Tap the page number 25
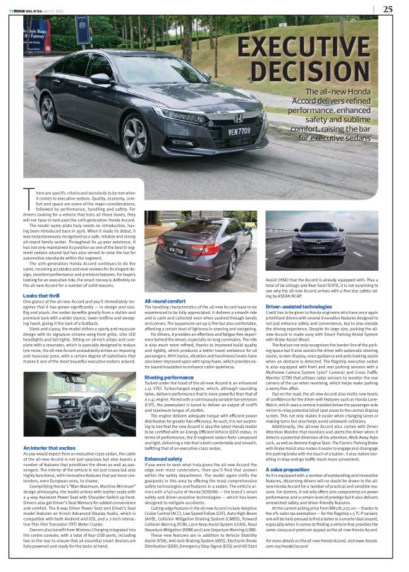pos(388,9)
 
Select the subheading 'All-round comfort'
pos(166,300)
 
